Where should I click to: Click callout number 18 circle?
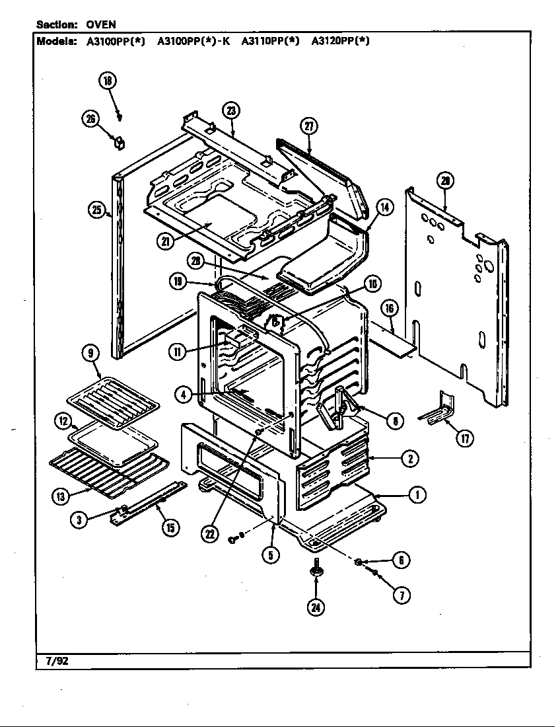click(107, 81)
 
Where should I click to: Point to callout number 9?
click(90, 354)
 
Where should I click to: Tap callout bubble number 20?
click(445, 181)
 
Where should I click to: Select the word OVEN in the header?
click(101, 24)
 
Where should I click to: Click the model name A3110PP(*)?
click(270, 40)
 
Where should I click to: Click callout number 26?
click(90, 119)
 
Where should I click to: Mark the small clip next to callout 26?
click(120, 141)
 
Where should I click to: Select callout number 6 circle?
click(400, 560)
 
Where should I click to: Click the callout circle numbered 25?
click(97, 211)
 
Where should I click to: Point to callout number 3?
click(79, 519)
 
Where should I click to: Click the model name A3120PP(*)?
click(340, 40)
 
